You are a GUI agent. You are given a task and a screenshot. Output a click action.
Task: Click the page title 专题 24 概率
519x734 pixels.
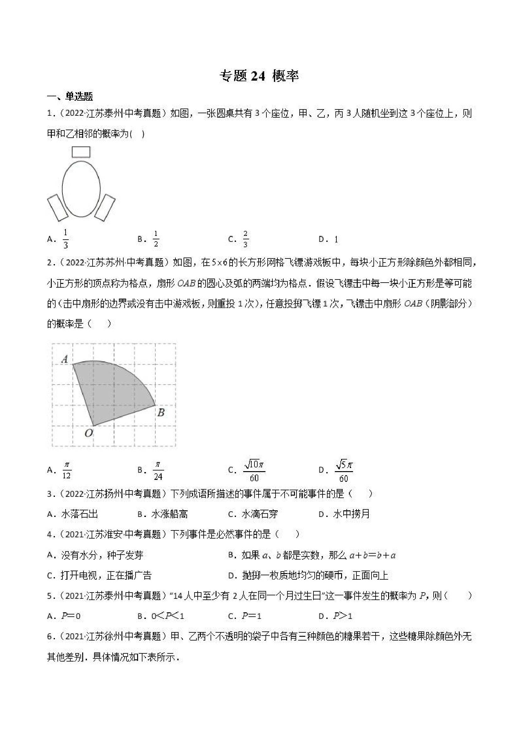pos(259,77)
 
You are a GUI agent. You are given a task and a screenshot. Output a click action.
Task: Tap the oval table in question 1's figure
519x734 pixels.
pos(81,189)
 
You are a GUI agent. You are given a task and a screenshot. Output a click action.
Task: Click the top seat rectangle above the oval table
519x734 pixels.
pos(81,152)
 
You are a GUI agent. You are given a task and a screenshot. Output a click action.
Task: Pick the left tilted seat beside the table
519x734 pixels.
pos(57,208)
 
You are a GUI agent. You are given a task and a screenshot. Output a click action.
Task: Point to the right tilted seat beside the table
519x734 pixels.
pos(105,208)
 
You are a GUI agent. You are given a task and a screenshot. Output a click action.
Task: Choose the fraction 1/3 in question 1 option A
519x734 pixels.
pos(66,239)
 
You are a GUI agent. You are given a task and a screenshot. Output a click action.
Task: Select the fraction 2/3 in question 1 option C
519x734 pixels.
pos(246,239)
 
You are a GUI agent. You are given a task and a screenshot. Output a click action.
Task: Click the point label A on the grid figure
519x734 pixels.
pos(65,359)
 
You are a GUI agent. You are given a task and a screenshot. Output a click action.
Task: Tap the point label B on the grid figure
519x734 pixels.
pos(161,413)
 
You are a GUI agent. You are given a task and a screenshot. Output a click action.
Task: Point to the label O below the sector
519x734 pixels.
pos(88,433)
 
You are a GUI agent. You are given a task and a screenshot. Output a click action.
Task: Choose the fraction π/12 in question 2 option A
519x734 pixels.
pos(67,470)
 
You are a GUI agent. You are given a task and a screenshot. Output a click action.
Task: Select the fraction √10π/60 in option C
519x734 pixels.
pos(254,470)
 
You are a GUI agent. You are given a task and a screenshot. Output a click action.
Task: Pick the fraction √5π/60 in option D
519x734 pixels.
pos(344,470)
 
